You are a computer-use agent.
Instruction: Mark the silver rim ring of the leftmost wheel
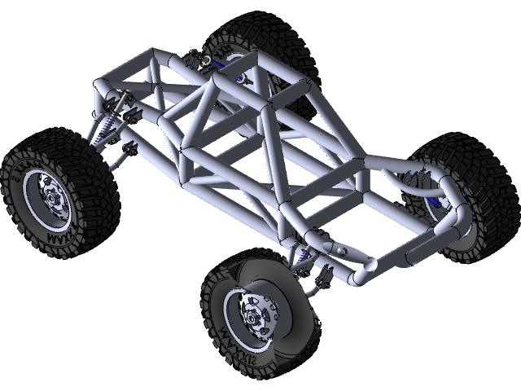tap(37, 204)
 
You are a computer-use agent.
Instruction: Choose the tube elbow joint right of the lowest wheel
tap(366, 268)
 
